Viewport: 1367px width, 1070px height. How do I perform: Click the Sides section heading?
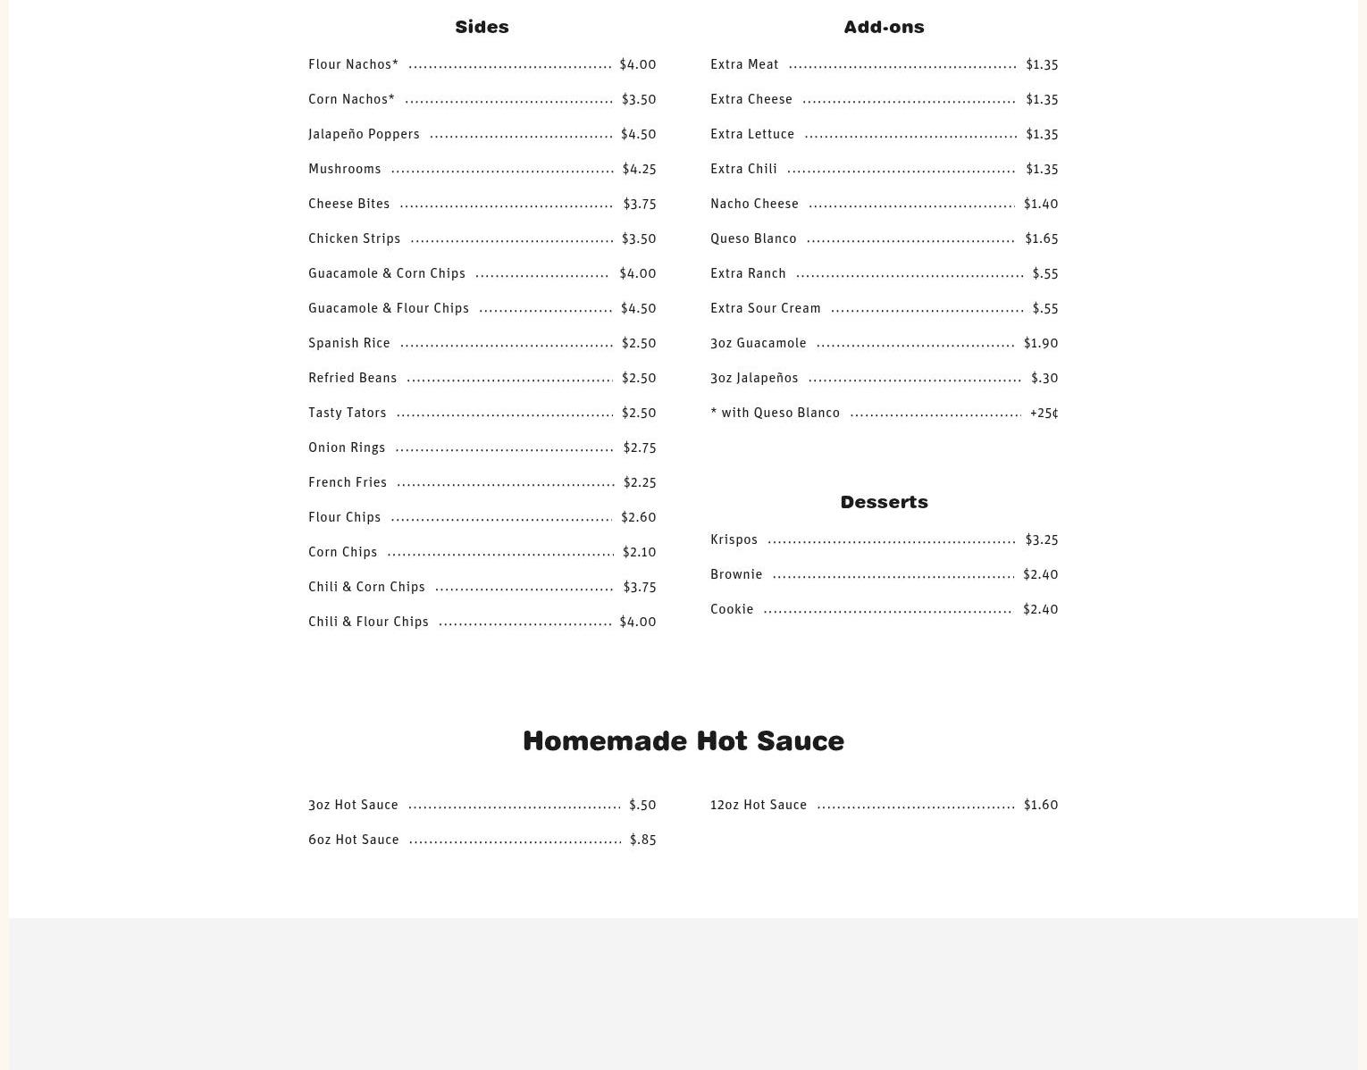click(x=482, y=27)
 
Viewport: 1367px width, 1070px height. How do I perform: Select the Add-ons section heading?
click(x=884, y=27)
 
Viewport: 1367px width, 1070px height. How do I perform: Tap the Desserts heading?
click(x=884, y=502)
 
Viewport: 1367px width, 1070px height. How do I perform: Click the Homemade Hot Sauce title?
click(x=683, y=740)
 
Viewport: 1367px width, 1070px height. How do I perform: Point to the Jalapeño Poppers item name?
click(x=364, y=134)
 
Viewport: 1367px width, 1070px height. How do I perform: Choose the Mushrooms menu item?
click(x=344, y=169)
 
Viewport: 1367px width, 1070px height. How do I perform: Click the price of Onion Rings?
click(x=639, y=447)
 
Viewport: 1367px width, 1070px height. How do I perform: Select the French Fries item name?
click(x=348, y=482)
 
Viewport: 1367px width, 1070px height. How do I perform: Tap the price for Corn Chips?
click(x=639, y=552)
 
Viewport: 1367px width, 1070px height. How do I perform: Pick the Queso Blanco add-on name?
click(x=753, y=238)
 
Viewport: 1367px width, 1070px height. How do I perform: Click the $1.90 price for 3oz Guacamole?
click(x=1040, y=343)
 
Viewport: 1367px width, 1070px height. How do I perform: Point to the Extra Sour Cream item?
click(x=765, y=308)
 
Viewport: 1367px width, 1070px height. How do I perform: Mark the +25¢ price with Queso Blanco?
click(x=1044, y=413)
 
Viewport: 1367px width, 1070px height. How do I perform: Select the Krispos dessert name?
click(x=734, y=539)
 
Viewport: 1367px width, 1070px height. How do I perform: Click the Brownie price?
click(x=1040, y=574)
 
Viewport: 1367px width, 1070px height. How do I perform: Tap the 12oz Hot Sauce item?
click(x=758, y=805)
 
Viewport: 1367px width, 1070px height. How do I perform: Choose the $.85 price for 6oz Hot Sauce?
click(x=642, y=840)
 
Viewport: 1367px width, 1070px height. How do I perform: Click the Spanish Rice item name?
click(x=348, y=343)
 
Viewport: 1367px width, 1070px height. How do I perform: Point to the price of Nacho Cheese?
click(x=1040, y=204)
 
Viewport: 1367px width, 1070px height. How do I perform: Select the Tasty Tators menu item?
click(x=347, y=413)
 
